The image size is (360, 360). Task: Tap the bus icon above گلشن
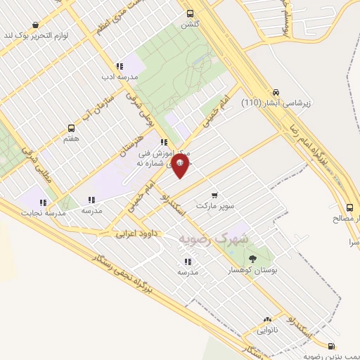(x=190, y=13)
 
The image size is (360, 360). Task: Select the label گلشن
(x=190, y=23)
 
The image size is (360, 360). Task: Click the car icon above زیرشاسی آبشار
(x=276, y=92)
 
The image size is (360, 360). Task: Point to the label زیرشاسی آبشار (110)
(x=276, y=103)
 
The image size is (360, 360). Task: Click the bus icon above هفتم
(x=71, y=129)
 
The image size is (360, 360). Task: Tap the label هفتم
(x=71, y=139)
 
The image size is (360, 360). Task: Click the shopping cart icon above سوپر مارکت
(x=214, y=195)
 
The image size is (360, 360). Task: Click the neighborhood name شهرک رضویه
(x=214, y=239)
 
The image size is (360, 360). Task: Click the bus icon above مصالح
(x=349, y=207)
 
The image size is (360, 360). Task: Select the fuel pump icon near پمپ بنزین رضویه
(x=331, y=345)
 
